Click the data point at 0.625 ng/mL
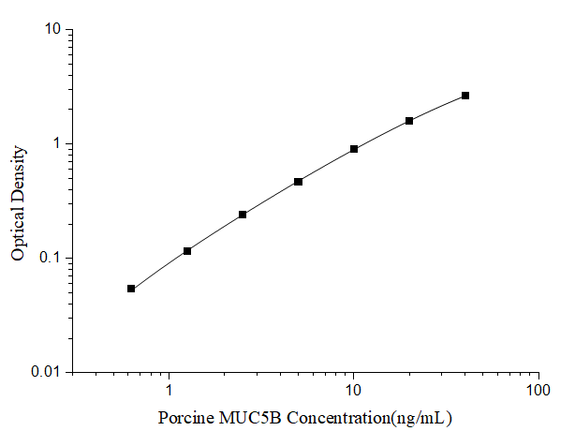coord(131,289)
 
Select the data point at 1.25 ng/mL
coord(187,251)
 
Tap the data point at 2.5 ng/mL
coord(243,215)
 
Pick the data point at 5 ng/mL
coord(298,182)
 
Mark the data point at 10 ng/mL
coord(354,149)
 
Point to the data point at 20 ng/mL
coord(409,121)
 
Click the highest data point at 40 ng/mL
coord(465,96)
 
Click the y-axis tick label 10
coord(53,30)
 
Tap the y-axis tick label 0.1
coord(51,259)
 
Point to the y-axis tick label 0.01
coord(47,373)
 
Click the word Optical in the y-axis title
coord(19,233)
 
